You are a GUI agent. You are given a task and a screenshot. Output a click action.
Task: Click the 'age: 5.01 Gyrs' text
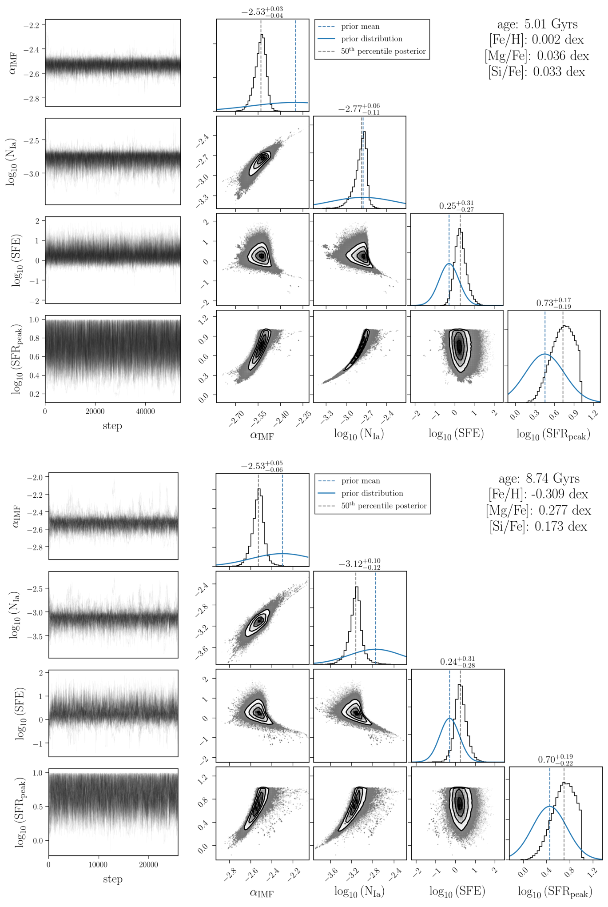point(537,24)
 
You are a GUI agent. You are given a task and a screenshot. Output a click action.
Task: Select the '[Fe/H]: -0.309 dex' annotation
point(538,494)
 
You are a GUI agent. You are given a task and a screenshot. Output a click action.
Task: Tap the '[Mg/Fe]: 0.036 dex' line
point(537,56)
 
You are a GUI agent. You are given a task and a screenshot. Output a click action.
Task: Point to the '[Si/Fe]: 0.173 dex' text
point(538,527)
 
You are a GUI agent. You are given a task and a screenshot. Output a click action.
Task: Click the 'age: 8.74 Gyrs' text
point(539,479)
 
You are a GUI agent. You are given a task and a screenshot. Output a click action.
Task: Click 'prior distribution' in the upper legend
point(372,39)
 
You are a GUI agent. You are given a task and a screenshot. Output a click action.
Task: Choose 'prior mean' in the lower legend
point(361,481)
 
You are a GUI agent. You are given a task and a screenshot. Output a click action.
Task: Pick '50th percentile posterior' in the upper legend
point(383,51)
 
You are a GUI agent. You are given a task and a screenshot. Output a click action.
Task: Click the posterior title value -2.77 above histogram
point(359,109)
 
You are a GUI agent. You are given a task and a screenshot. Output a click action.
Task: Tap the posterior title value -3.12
point(359,564)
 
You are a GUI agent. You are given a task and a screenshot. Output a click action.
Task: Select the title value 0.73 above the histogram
point(553,303)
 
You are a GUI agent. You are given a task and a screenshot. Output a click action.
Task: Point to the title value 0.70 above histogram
point(555,759)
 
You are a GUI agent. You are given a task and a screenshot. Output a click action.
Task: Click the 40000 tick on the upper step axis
point(145,412)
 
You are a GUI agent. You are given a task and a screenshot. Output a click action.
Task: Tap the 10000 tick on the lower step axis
point(98,864)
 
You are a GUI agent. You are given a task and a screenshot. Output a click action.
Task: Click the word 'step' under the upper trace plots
point(112,426)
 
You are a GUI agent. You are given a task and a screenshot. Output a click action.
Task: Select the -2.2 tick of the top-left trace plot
point(32,25)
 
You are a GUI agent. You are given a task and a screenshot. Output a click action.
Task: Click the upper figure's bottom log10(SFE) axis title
point(456,433)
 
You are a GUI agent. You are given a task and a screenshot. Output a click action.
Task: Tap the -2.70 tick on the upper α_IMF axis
point(237,419)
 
